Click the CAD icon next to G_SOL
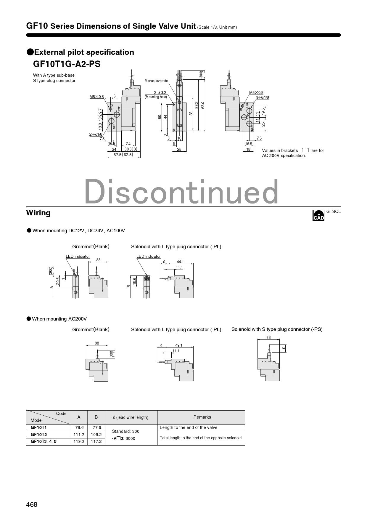318,215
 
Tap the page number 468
32,504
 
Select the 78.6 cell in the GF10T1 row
79,427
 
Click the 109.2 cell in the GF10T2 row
96,435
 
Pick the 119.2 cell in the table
79,441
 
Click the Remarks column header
202,417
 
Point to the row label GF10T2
39,435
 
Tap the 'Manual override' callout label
156,81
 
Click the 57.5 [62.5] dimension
123,155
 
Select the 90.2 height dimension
202,106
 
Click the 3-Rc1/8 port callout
263,97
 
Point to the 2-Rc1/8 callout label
96,134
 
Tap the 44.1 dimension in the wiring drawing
180,262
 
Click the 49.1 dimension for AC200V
179,345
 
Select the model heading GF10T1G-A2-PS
67,64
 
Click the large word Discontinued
181,192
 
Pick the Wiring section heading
38,213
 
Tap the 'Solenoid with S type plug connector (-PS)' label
277,329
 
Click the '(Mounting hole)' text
156,97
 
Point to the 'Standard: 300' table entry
125,431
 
